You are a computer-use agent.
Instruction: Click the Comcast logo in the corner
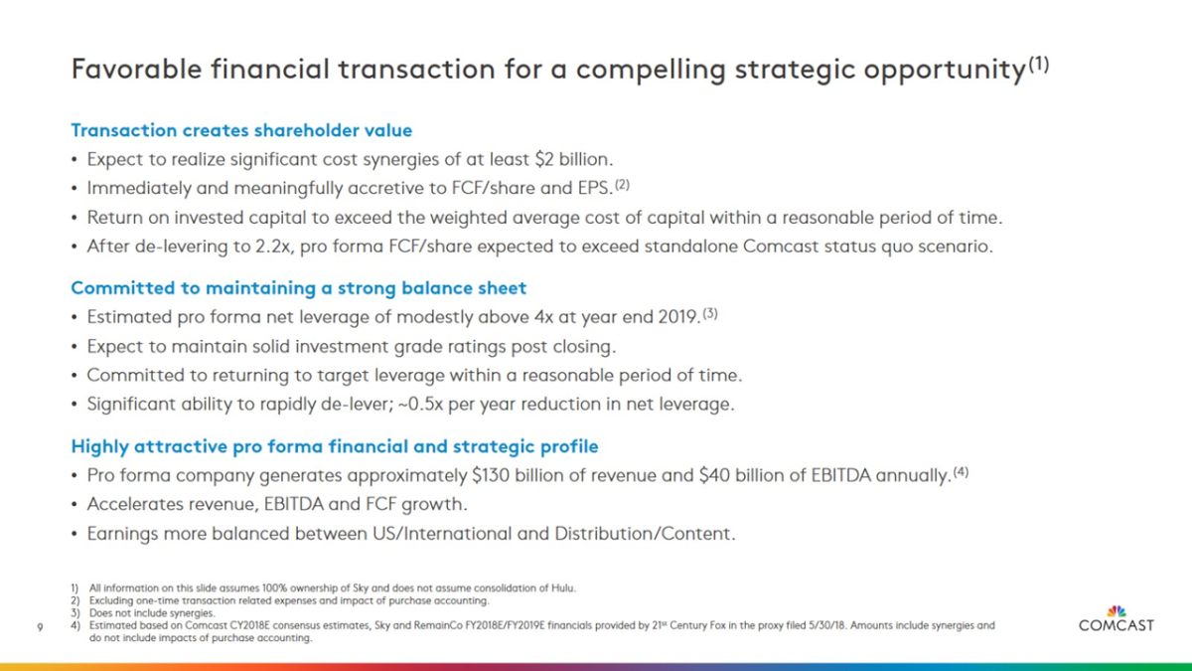1116,618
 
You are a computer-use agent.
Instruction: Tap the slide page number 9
40,627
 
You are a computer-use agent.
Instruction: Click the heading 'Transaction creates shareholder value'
241,130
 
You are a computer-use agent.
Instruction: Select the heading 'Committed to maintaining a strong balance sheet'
299,288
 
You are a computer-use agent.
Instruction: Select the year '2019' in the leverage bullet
677,317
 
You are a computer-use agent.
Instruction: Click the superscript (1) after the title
1039,65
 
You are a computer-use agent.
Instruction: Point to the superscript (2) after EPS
622,185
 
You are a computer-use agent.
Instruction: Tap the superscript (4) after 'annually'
962,472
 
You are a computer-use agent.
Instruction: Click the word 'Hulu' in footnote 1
564,587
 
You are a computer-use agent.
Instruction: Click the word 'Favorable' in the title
137,70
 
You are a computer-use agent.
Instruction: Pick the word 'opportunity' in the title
945,71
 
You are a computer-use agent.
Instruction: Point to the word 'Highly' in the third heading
100,446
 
